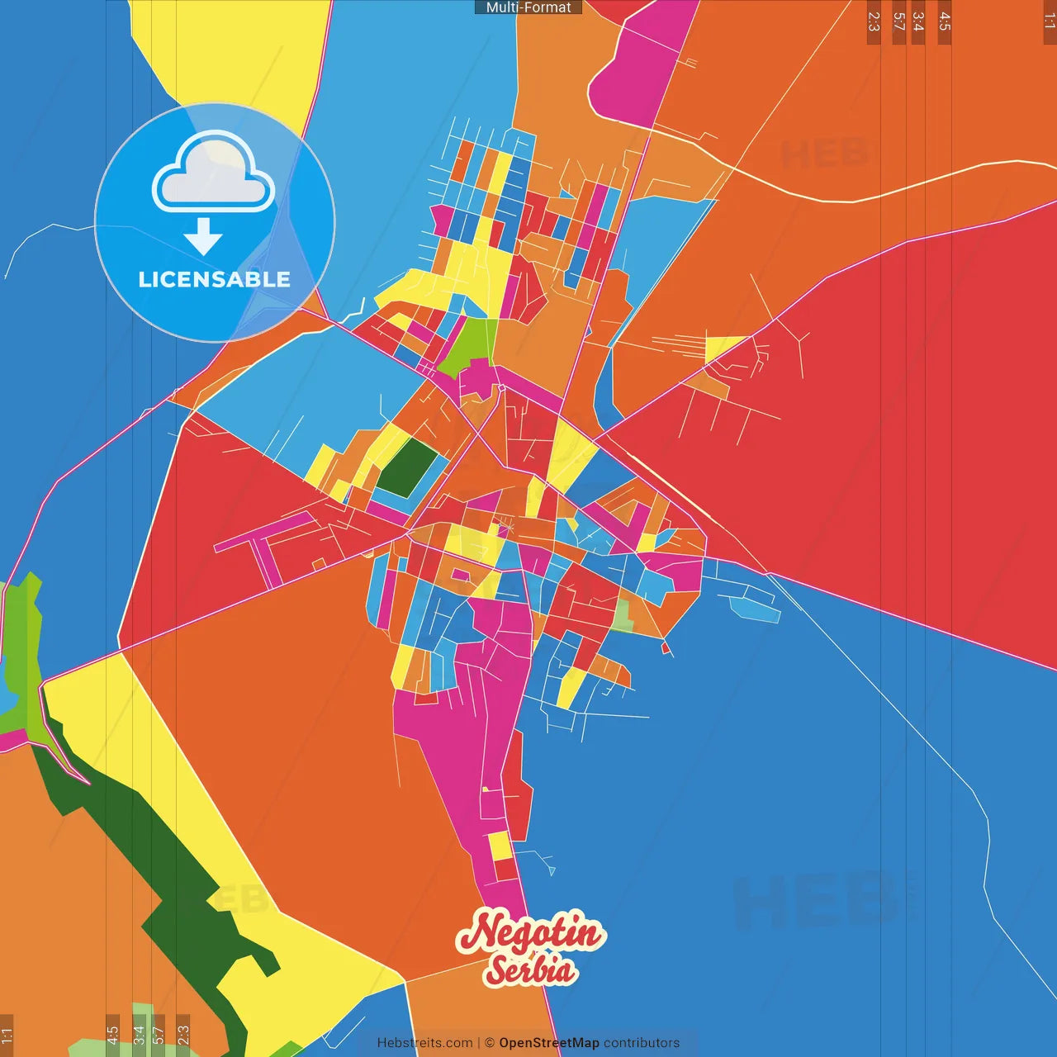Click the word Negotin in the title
pos(531,933)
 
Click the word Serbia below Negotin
pos(530,970)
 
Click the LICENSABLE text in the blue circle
pos(215,279)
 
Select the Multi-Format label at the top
pos(528,7)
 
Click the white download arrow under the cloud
pos(203,238)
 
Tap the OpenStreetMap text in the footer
pos(548,1043)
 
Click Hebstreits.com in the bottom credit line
pos(424,1043)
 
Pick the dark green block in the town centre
pos(408,467)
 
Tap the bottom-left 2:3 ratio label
pos(183,1035)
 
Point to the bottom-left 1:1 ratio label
pos(7,1035)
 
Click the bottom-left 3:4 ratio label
pos(139,1035)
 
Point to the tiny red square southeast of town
pos(665,647)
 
